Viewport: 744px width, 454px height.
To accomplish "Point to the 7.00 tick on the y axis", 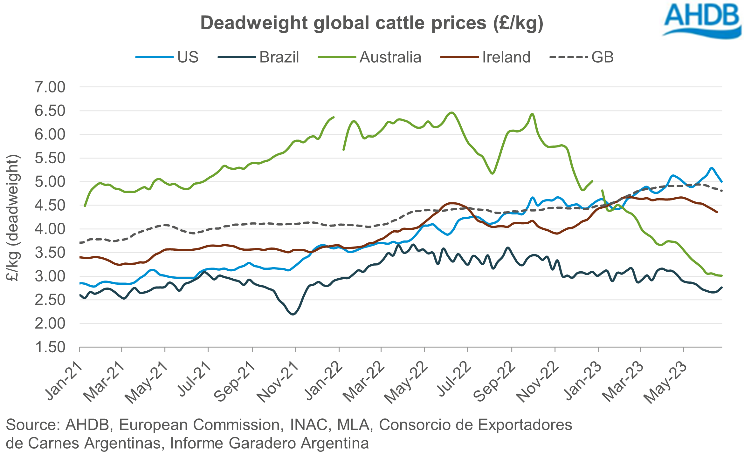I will click(50, 87).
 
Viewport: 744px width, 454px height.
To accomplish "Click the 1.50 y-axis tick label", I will click(50, 347).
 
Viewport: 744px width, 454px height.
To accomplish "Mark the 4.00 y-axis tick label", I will click(50, 229).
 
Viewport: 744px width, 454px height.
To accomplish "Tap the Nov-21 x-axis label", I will click(278, 383).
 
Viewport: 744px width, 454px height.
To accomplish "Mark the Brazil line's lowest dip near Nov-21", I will click(293, 314).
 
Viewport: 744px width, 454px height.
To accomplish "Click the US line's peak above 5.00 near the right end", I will click(712, 168).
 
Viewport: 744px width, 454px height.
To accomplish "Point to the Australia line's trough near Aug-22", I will click(492, 173).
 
